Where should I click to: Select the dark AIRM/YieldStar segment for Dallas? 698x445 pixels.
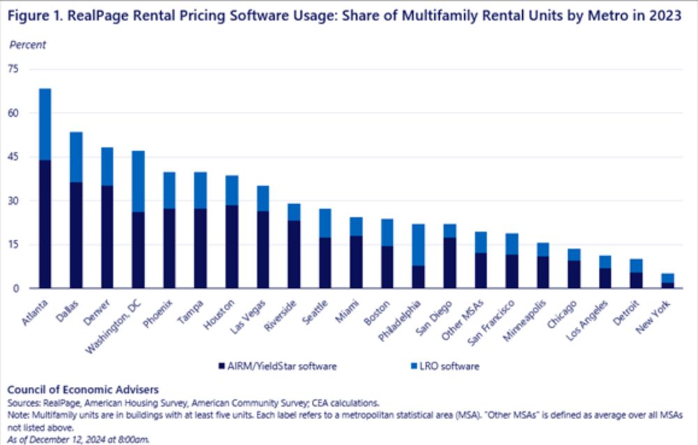click(x=77, y=235)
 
